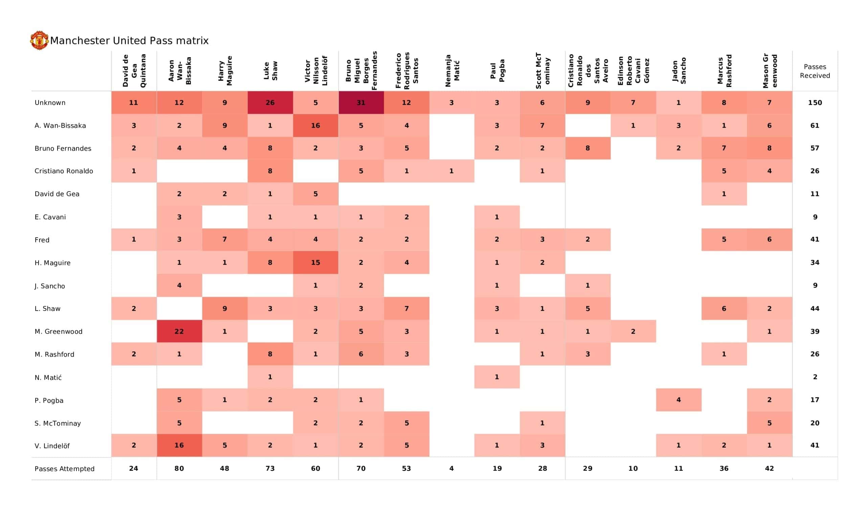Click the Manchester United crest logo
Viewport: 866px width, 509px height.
[39, 40]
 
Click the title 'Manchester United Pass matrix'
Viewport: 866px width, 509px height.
[129, 41]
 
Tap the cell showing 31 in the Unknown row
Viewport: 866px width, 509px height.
[361, 103]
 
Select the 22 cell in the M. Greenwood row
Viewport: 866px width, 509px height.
[179, 331]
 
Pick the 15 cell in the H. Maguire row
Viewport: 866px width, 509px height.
[315, 262]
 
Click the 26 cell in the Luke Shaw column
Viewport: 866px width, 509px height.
[270, 103]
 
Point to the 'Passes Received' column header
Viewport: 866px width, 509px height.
[815, 71]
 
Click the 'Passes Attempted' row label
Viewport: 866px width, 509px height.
[64, 468]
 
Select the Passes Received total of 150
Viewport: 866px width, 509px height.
[815, 103]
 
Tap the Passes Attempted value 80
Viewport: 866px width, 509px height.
[179, 468]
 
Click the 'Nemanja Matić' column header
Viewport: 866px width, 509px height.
[452, 71]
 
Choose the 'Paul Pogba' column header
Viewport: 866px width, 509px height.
[497, 71]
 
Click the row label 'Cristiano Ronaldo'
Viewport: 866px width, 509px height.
[64, 171]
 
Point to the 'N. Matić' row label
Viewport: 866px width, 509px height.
[48, 377]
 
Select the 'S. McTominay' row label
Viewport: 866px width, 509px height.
[58, 423]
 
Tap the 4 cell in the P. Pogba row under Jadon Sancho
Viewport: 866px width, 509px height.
[678, 400]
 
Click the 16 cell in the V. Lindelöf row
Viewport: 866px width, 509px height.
[179, 445]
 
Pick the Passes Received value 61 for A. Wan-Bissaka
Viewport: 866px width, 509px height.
[815, 126]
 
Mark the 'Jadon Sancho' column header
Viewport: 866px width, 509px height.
[679, 71]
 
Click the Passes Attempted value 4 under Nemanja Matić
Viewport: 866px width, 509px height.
[452, 468]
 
